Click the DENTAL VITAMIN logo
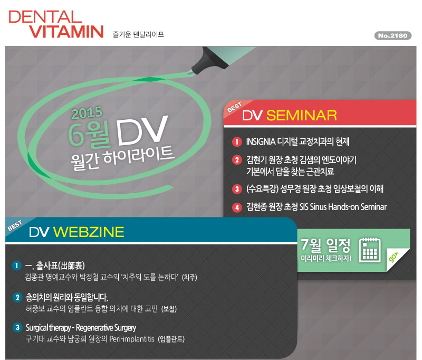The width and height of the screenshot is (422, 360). click(56, 24)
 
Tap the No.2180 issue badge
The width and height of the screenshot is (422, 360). click(393, 35)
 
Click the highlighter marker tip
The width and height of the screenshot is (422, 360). click(190, 72)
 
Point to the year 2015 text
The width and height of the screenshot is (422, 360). click(87, 112)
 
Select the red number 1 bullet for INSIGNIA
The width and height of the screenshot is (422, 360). click(237, 141)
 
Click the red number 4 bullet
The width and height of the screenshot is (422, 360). click(237, 207)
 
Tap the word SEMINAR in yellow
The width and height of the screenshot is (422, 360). click(301, 116)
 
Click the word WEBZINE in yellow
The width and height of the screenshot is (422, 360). click(89, 232)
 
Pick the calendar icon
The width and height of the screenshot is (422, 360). click(370, 250)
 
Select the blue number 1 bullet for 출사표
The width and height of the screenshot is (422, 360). click(17, 266)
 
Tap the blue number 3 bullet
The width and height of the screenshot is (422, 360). click(17, 327)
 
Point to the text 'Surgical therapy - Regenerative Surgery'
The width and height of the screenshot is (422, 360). click(81, 328)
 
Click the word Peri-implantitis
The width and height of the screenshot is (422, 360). click(132, 339)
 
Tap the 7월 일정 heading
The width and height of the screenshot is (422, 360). click(325, 245)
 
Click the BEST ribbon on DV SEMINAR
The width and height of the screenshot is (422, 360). click(234, 107)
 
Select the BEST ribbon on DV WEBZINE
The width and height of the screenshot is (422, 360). click(15, 225)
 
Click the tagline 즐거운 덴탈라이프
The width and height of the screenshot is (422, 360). click(138, 34)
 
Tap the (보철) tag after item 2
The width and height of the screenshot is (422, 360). click(169, 309)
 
